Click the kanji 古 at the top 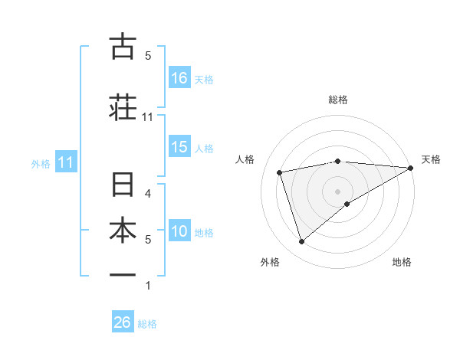pos(123,47)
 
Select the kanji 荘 pos(123,108)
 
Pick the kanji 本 pos(123,231)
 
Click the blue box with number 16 pos(179,77)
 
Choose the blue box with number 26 pos(123,322)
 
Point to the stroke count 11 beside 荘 pos(148,117)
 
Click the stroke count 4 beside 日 pos(148,193)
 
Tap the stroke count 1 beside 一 pos(148,286)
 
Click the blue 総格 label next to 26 pos(147,324)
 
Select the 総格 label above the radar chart pos(337,100)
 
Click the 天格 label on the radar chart pos(431,159)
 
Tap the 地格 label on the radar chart pos(402,263)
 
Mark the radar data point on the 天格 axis pos(411,168)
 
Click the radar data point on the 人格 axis pos(280,172)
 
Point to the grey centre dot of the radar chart pos(337,190)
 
